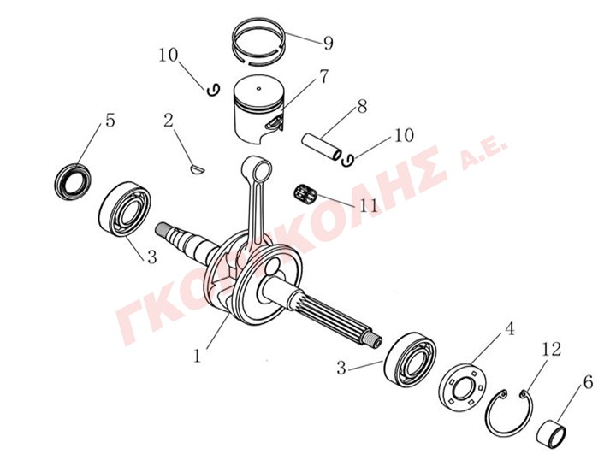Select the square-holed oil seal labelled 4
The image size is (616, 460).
pos(462,385)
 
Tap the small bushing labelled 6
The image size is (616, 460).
pos(552,434)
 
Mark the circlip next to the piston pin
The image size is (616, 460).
pos(347,159)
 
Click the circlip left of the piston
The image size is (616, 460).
pos(213,90)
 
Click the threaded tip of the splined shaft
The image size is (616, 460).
pos(376,340)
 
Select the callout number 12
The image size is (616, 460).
pos(551,349)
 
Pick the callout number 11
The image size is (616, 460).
pos(368,205)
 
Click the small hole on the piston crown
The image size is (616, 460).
pos(258,88)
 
